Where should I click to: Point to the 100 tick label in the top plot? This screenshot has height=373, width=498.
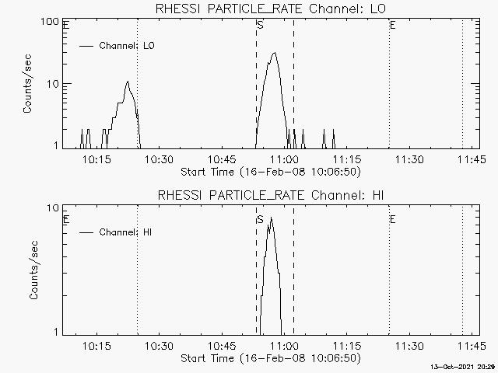pos(51,22)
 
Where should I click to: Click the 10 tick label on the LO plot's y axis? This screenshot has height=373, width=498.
pos(54,84)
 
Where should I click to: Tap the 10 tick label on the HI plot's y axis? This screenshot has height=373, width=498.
pos(54,208)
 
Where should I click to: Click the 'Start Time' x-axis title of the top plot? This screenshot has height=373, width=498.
pos(268,171)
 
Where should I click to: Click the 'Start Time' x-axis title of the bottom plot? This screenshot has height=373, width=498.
pos(268,358)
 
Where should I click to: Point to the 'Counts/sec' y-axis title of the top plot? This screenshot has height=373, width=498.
pos(28,85)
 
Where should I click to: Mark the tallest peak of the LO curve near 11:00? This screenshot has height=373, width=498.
pos(274,53)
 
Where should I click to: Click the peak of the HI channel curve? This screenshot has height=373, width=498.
pos(271,218)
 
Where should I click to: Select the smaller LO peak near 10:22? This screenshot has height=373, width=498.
pos(127,81)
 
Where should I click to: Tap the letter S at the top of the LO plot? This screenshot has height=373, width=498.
pos(259,26)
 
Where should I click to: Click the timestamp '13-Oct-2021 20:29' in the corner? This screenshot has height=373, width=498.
pos(465,366)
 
